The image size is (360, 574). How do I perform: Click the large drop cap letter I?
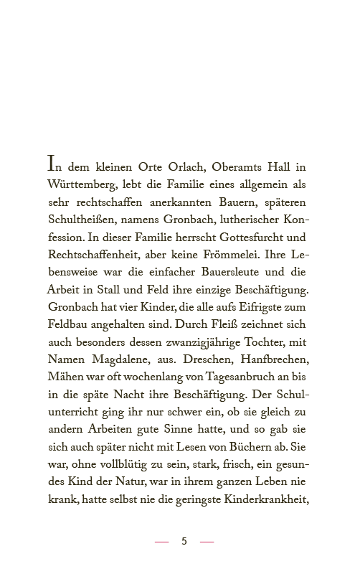click(x=52, y=164)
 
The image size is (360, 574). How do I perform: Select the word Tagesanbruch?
click(x=212, y=377)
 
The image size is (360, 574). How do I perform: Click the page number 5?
click(x=184, y=541)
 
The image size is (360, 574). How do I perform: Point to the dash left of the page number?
click(x=161, y=542)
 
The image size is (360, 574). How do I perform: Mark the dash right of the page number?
click(x=207, y=542)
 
